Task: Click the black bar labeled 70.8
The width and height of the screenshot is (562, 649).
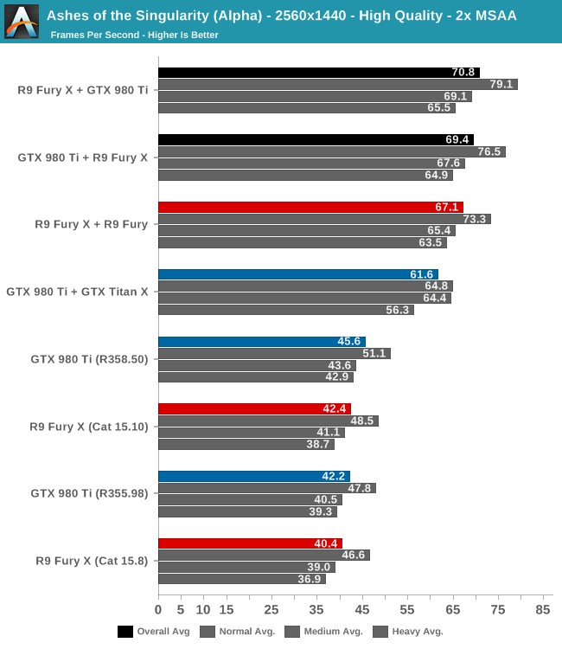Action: (x=318, y=73)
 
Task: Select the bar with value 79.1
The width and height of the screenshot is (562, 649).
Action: (x=337, y=85)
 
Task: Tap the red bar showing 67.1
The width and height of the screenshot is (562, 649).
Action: (x=310, y=208)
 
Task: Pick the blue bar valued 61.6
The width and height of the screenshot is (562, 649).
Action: (x=298, y=274)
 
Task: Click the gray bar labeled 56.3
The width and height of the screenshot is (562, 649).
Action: (x=286, y=310)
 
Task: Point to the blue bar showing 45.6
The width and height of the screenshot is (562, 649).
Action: (x=262, y=342)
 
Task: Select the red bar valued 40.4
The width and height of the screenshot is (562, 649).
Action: (x=250, y=543)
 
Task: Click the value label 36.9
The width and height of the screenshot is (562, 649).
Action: (x=310, y=579)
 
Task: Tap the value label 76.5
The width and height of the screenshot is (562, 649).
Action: (x=489, y=151)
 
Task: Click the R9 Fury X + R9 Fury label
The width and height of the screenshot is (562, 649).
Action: (x=91, y=224)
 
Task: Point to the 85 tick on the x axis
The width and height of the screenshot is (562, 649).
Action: (x=543, y=611)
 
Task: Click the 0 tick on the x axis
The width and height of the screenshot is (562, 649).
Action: (x=158, y=611)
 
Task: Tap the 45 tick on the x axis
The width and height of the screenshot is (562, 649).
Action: (x=362, y=611)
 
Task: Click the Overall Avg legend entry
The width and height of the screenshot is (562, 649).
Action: (x=154, y=632)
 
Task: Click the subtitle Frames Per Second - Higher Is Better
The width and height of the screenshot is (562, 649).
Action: (x=134, y=35)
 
